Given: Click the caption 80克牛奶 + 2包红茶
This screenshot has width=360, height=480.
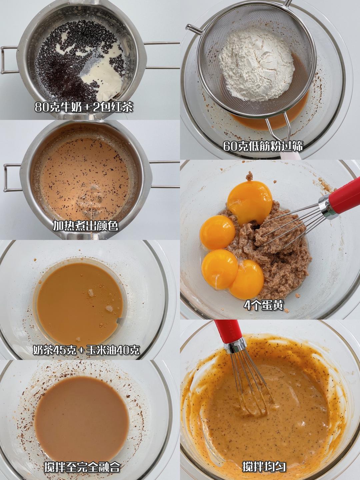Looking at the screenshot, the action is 84,107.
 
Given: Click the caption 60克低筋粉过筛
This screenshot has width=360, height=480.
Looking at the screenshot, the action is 263,146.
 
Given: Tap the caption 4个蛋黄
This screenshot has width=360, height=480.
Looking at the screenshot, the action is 263,305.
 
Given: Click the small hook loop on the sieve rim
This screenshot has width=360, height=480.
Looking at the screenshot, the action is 193,29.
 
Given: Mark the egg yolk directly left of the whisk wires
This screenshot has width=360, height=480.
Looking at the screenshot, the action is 217,232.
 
